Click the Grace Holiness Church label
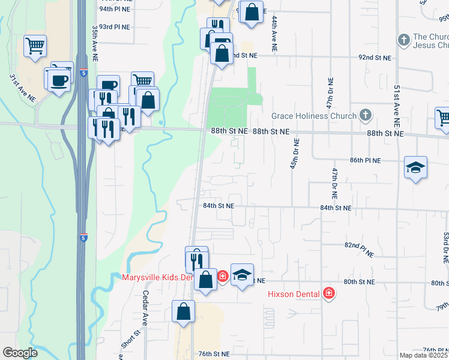(314, 116)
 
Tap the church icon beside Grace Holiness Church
(365, 115)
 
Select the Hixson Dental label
(294, 294)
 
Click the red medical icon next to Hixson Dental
(328, 294)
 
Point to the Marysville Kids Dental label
(156, 277)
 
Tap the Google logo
(20, 353)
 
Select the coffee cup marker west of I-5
(59, 80)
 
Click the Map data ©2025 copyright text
(424, 355)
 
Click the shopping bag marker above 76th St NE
(183, 312)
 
